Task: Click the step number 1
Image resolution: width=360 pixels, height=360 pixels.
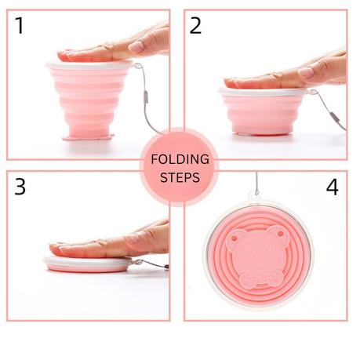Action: tap(20, 25)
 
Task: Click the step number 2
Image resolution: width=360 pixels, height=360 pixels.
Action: tap(195, 26)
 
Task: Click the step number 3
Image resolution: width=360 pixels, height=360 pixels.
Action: tap(20, 187)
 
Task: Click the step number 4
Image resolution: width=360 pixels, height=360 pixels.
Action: tap(332, 187)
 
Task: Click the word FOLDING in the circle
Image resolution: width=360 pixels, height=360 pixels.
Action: tap(180, 159)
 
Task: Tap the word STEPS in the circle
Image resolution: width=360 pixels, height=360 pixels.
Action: tap(180, 177)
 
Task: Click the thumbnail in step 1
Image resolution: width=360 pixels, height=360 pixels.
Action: tap(136, 47)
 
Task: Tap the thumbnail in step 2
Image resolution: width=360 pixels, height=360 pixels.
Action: tap(306, 72)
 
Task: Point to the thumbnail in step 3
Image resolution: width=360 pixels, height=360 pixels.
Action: tap(132, 238)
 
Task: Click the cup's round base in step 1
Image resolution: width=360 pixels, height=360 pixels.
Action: tap(89, 137)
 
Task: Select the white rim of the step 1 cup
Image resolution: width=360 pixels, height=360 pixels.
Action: tap(89, 65)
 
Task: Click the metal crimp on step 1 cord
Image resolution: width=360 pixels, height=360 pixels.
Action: tap(146, 97)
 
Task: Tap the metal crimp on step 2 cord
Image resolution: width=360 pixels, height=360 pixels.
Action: tap(336, 118)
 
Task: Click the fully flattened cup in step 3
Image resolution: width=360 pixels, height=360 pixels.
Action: tap(88, 264)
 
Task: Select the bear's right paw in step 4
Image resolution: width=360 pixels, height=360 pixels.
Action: tap(275, 278)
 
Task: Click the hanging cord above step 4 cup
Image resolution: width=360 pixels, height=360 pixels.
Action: tap(257, 184)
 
